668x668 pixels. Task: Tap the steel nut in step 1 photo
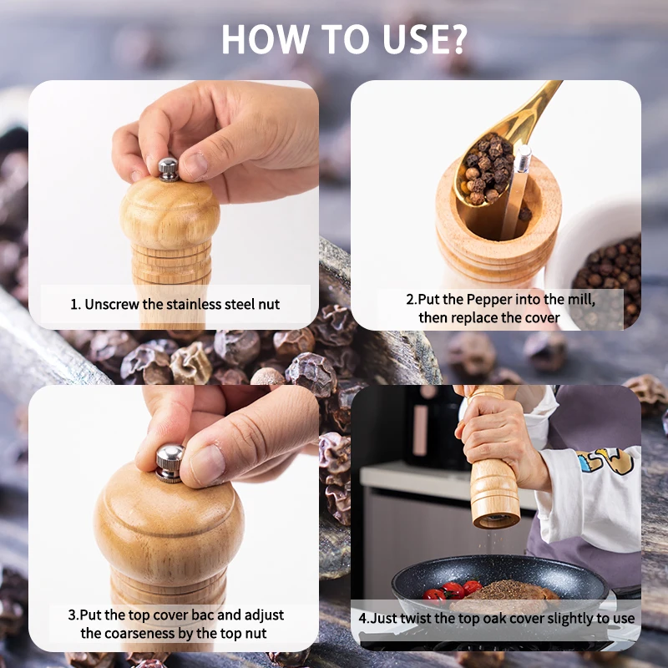[169, 170]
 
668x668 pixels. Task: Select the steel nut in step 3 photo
[170, 463]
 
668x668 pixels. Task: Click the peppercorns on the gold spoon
[488, 169]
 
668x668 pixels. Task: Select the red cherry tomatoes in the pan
[453, 591]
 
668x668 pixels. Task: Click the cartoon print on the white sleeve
[604, 460]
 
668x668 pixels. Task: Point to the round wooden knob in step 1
[170, 212]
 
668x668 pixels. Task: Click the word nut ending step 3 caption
[255, 634]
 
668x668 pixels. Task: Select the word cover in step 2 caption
[541, 318]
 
